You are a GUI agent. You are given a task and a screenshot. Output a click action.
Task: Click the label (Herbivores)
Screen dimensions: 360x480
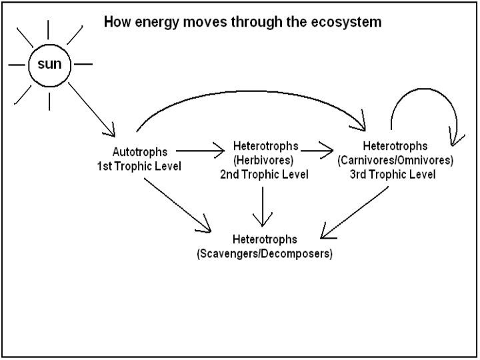265,161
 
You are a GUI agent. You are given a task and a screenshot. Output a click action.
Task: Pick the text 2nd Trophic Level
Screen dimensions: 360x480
265,175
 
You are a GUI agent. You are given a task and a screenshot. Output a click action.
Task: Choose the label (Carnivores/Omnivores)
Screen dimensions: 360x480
395,161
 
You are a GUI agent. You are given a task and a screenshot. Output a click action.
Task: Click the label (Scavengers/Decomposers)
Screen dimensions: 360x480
265,255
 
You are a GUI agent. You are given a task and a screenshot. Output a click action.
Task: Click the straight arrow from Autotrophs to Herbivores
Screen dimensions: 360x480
201,151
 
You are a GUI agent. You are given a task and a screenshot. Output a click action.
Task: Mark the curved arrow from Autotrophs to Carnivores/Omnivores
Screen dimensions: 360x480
250,93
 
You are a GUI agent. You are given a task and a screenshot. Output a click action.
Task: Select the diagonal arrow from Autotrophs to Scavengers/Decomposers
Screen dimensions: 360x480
176,205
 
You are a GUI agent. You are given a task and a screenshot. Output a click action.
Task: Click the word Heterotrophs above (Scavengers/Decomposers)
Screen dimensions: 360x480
265,240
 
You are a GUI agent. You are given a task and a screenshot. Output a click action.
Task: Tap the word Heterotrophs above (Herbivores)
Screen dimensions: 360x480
266,146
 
